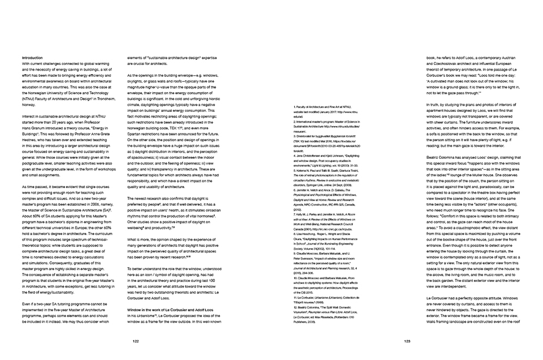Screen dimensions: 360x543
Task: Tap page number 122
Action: pyautogui.click(x=136, y=341)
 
